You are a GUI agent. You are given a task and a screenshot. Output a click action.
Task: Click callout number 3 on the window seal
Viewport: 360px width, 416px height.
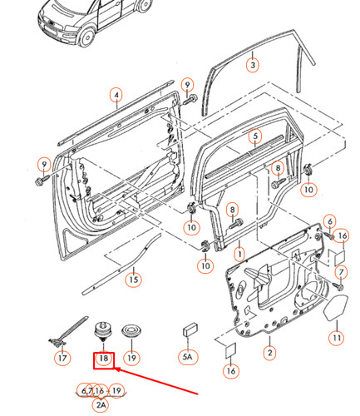tap(253, 65)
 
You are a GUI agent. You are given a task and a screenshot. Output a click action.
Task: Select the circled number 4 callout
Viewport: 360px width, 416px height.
tap(116, 95)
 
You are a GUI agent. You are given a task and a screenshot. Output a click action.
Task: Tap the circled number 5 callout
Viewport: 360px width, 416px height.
tap(255, 136)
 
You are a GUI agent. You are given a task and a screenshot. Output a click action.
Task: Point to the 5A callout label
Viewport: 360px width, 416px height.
tap(188, 356)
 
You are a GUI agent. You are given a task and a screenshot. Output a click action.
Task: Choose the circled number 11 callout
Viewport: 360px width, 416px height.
tap(337, 338)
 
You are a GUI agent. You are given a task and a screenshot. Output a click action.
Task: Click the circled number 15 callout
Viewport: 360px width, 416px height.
tap(134, 280)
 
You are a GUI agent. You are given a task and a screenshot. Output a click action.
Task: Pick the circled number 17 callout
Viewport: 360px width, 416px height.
tap(62, 358)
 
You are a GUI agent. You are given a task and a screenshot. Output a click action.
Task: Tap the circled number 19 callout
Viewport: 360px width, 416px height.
tap(131, 358)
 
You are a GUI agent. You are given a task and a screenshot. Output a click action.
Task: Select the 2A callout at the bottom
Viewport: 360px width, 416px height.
tap(101, 405)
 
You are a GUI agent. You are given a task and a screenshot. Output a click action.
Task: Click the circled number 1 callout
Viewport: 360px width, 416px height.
tap(239, 254)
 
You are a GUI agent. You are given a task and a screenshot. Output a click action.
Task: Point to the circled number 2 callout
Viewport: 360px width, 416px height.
tap(269, 353)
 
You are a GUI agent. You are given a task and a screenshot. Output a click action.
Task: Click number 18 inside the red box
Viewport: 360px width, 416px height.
tap(104, 359)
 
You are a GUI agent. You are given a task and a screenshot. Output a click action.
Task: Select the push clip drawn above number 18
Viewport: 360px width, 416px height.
tap(103, 332)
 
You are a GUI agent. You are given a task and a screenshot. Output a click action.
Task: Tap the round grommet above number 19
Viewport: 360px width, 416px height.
tap(131, 330)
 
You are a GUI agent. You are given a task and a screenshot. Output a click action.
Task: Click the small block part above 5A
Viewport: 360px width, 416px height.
tap(190, 329)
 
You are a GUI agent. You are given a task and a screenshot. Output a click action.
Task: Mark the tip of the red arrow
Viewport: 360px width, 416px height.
tap(115, 369)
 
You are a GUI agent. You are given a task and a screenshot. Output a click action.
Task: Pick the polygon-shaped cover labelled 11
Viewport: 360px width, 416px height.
tap(336, 308)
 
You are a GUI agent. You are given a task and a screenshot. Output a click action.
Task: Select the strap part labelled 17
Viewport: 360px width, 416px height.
tap(68, 331)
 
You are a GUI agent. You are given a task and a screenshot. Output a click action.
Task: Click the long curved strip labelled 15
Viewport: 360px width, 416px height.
tap(122, 265)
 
